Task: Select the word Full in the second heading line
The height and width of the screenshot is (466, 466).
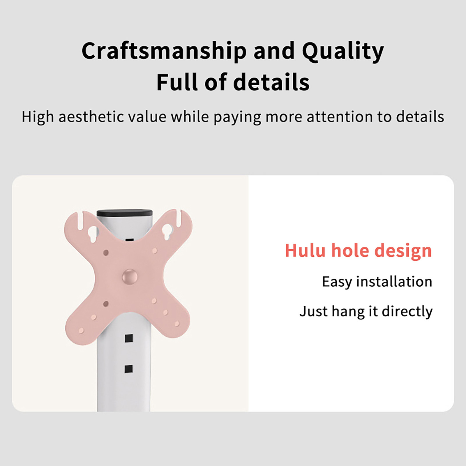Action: (x=177, y=82)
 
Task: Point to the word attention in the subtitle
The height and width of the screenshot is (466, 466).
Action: (x=340, y=117)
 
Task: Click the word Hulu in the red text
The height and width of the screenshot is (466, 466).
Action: (x=305, y=250)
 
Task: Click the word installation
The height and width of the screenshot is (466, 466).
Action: (x=394, y=282)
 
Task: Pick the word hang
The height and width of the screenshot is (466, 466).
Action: (x=348, y=312)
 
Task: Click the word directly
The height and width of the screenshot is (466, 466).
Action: (x=407, y=312)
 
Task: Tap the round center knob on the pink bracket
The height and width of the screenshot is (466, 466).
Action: (x=130, y=276)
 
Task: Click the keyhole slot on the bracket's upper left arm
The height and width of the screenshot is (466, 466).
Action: (x=93, y=234)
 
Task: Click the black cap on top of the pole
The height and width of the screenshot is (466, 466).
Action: (x=125, y=213)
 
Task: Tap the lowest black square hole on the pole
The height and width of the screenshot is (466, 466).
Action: (x=129, y=369)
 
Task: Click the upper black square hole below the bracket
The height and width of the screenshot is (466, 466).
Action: (x=129, y=338)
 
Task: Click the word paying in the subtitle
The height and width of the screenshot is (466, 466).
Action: (x=237, y=117)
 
